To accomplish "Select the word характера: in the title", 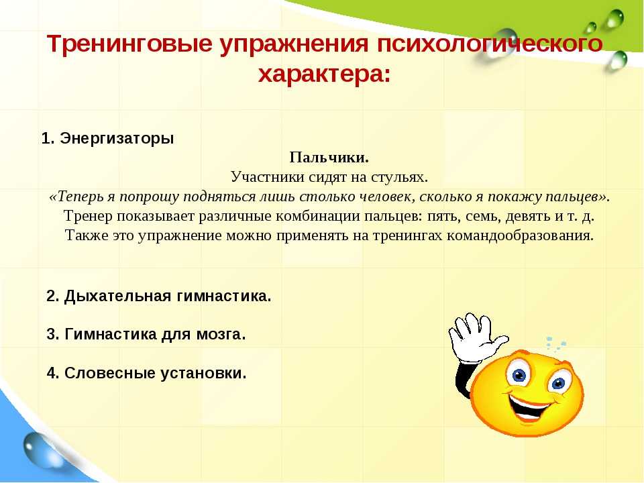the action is click(x=325, y=74).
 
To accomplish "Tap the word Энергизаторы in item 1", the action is click(x=117, y=139).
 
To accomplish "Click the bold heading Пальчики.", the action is click(x=329, y=157).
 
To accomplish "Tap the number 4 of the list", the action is click(x=51, y=373).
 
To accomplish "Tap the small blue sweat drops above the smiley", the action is click(x=555, y=343).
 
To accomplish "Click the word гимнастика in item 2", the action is click(x=223, y=296).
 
